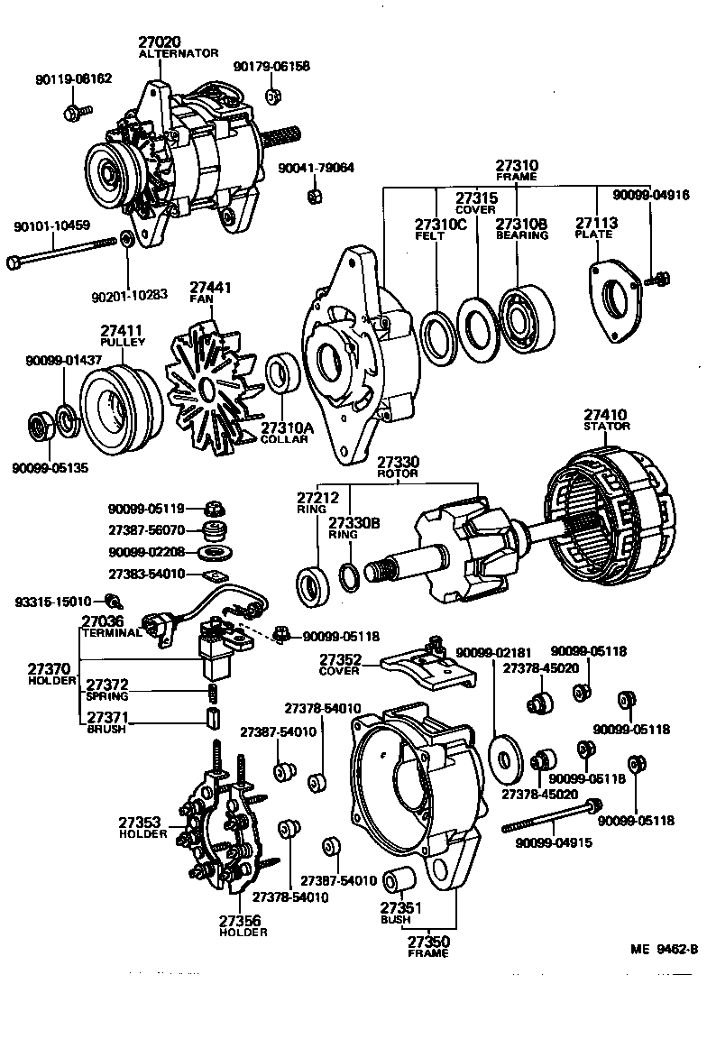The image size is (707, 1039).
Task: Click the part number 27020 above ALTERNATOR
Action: point(160,41)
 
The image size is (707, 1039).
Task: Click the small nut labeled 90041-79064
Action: point(315,197)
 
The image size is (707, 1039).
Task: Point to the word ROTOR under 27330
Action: point(398,474)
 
